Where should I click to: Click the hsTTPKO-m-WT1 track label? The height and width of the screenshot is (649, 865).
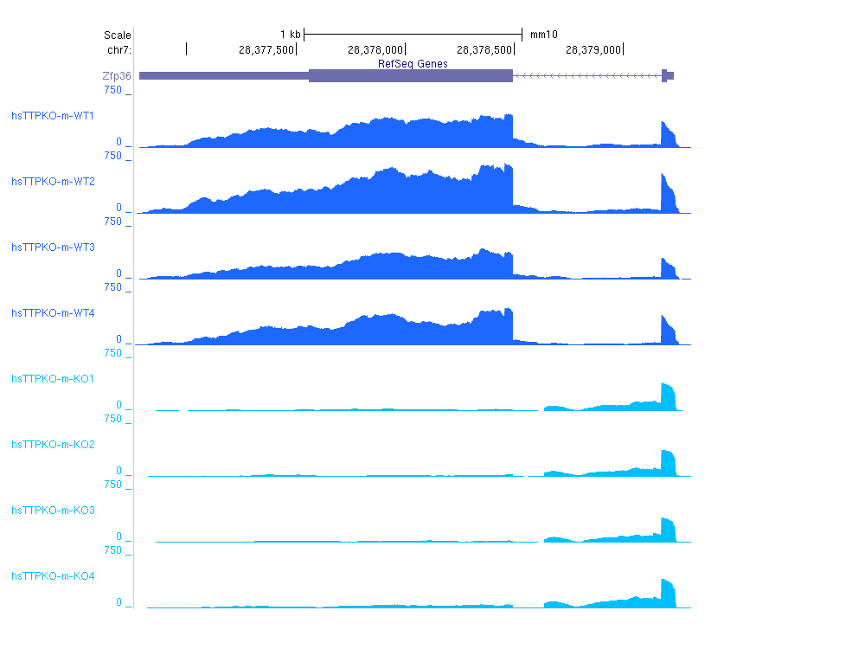[x=52, y=116]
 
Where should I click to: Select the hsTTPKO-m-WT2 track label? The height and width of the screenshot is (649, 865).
[x=52, y=182]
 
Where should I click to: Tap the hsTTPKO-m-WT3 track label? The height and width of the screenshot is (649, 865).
[x=52, y=247]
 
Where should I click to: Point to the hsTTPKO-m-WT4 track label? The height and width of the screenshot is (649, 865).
[x=52, y=313]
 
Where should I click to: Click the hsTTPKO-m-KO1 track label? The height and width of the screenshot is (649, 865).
[x=52, y=379]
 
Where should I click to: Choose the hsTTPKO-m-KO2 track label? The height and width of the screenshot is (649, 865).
[x=52, y=445]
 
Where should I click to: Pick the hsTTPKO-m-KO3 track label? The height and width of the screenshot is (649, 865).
[x=52, y=511]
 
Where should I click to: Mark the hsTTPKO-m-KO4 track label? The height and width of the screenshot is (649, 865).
[x=52, y=576]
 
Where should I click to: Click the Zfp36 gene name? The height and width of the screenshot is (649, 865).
[x=117, y=76]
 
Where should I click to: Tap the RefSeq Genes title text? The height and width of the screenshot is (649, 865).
[x=413, y=64]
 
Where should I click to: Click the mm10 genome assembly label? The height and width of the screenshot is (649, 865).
[x=543, y=35]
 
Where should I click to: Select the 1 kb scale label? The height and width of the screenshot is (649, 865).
[x=290, y=35]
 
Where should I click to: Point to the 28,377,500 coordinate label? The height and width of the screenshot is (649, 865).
[x=266, y=50]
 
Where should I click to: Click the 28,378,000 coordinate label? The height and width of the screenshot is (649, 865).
[x=375, y=50]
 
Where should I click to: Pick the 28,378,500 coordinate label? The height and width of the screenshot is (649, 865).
[x=484, y=50]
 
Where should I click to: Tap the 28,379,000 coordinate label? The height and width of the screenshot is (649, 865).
[x=593, y=50]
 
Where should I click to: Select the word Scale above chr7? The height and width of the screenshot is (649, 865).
[x=117, y=35]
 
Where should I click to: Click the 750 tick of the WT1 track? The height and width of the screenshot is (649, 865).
[x=112, y=90]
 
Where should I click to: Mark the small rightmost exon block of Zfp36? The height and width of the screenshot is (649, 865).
[x=664, y=75]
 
